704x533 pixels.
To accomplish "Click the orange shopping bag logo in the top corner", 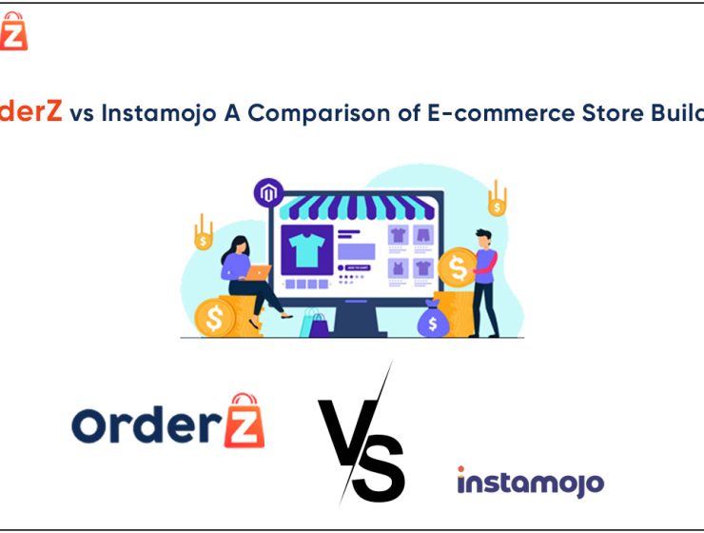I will (x=14, y=31).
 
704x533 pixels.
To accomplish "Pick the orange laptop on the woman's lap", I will (x=257, y=272).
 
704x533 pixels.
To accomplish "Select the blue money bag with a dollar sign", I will (x=432, y=322).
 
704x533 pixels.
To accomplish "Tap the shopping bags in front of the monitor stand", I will (x=314, y=325).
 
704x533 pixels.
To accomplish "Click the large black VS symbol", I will (x=362, y=438).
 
